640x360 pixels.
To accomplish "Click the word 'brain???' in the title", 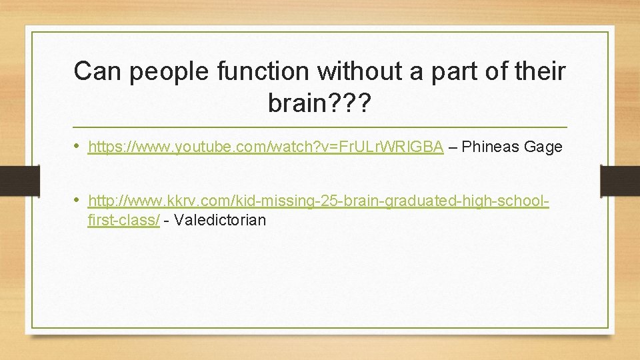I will point(319,103).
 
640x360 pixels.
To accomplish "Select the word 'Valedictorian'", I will point(219,220).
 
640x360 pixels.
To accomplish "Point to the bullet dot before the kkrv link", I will point(79,200).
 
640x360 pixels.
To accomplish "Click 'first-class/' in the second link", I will point(123,220).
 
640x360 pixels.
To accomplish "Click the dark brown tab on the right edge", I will point(620,181).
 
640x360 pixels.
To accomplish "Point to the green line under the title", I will point(319,127).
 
